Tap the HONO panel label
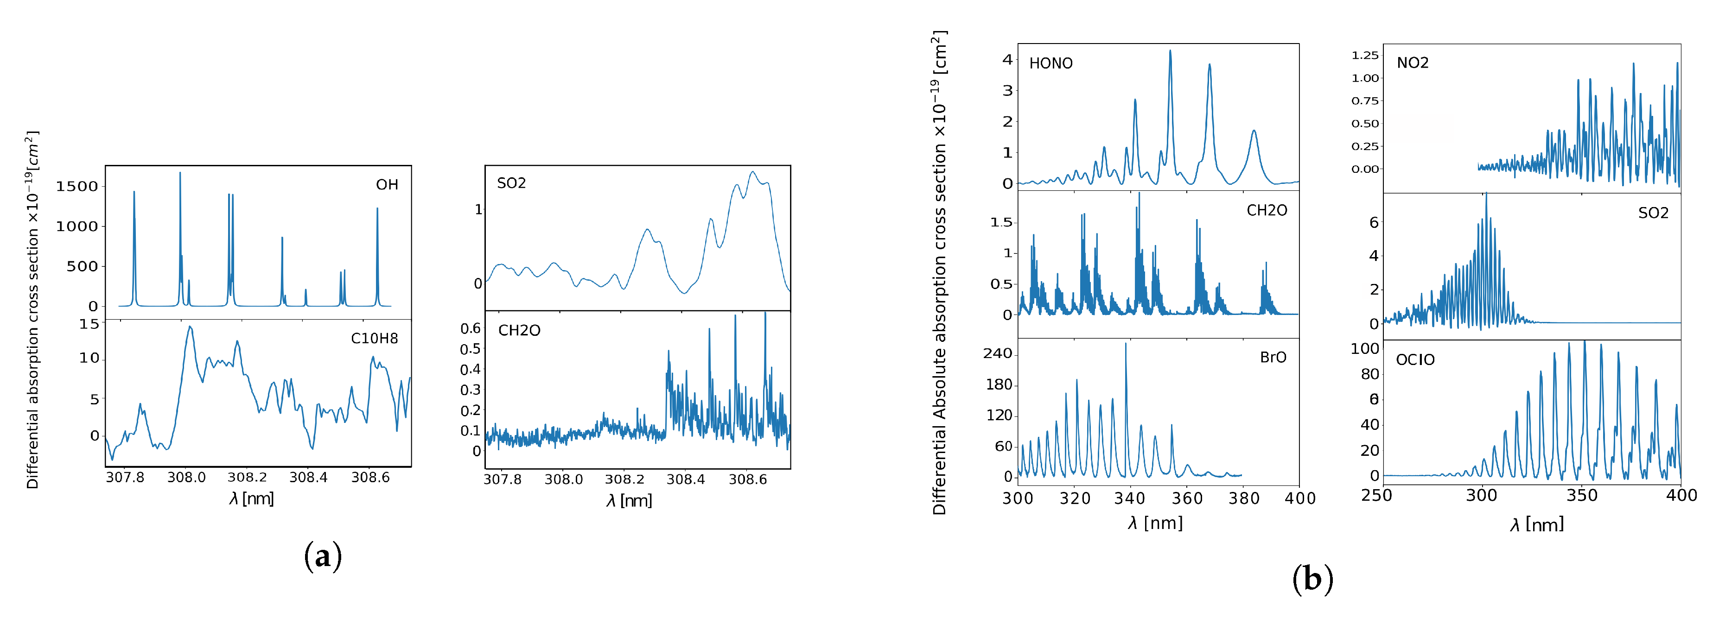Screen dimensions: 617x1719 click(1050, 63)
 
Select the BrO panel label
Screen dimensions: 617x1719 click(1273, 358)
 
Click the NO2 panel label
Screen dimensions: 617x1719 click(1413, 63)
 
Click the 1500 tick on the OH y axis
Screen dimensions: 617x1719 click(77, 187)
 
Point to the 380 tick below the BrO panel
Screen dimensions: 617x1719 click(1243, 498)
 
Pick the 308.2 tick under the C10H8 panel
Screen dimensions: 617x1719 click(247, 478)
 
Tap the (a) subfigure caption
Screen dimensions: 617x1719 click(323, 556)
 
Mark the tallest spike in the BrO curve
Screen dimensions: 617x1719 click(1126, 344)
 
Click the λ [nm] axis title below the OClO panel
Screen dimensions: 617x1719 click(1536, 525)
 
